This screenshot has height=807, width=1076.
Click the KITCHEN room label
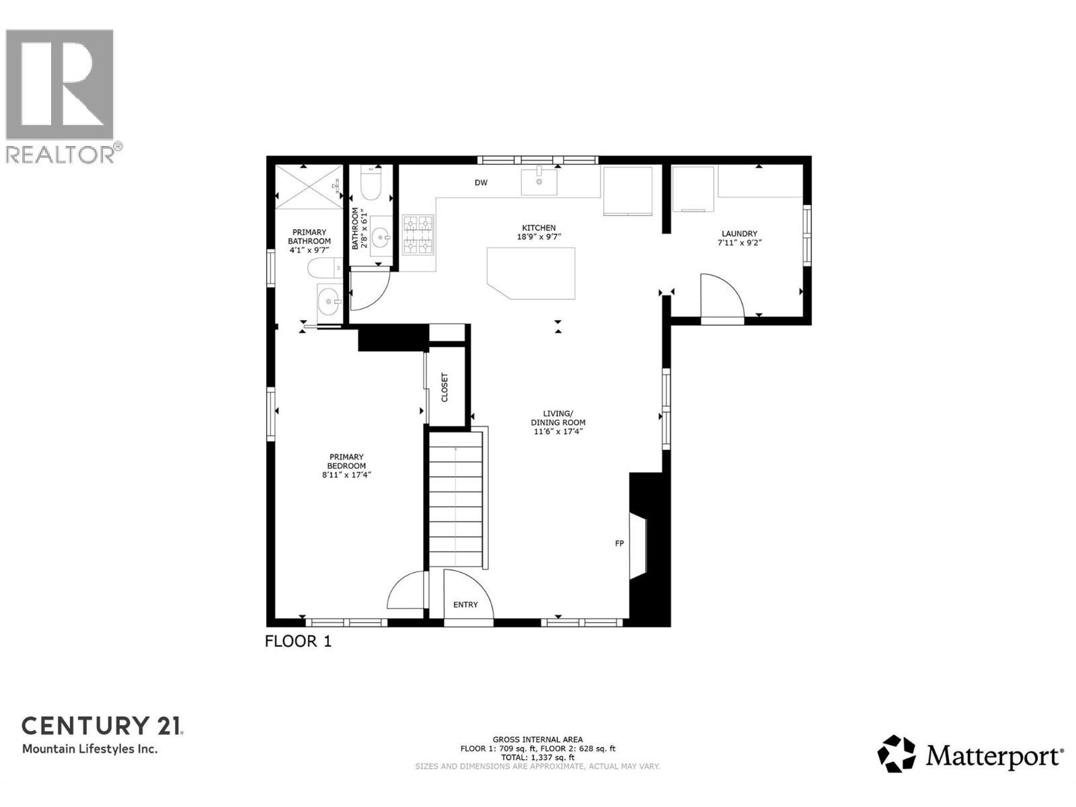[x=541, y=228]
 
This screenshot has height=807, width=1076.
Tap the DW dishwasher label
[x=481, y=183]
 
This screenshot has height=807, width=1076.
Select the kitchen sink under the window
[x=539, y=181]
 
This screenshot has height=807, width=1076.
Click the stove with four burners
[x=418, y=235]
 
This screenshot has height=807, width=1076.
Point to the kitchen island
[x=531, y=272]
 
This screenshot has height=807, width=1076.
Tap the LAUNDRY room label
[x=739, y=234]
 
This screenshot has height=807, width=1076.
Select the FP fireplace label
[x=619, y=543]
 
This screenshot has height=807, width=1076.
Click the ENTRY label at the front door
[x=465, y=605]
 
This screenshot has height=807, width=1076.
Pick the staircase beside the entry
[x=456, y=501]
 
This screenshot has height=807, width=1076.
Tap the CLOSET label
[x=445, y=387]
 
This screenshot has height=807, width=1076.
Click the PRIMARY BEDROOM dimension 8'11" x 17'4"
[x=346, y=475]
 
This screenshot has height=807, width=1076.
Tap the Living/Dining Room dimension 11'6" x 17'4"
[x=558, y=431]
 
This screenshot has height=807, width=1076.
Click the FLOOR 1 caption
[x=298, y=641]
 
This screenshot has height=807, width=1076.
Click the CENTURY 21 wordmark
[x=102, y=726]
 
